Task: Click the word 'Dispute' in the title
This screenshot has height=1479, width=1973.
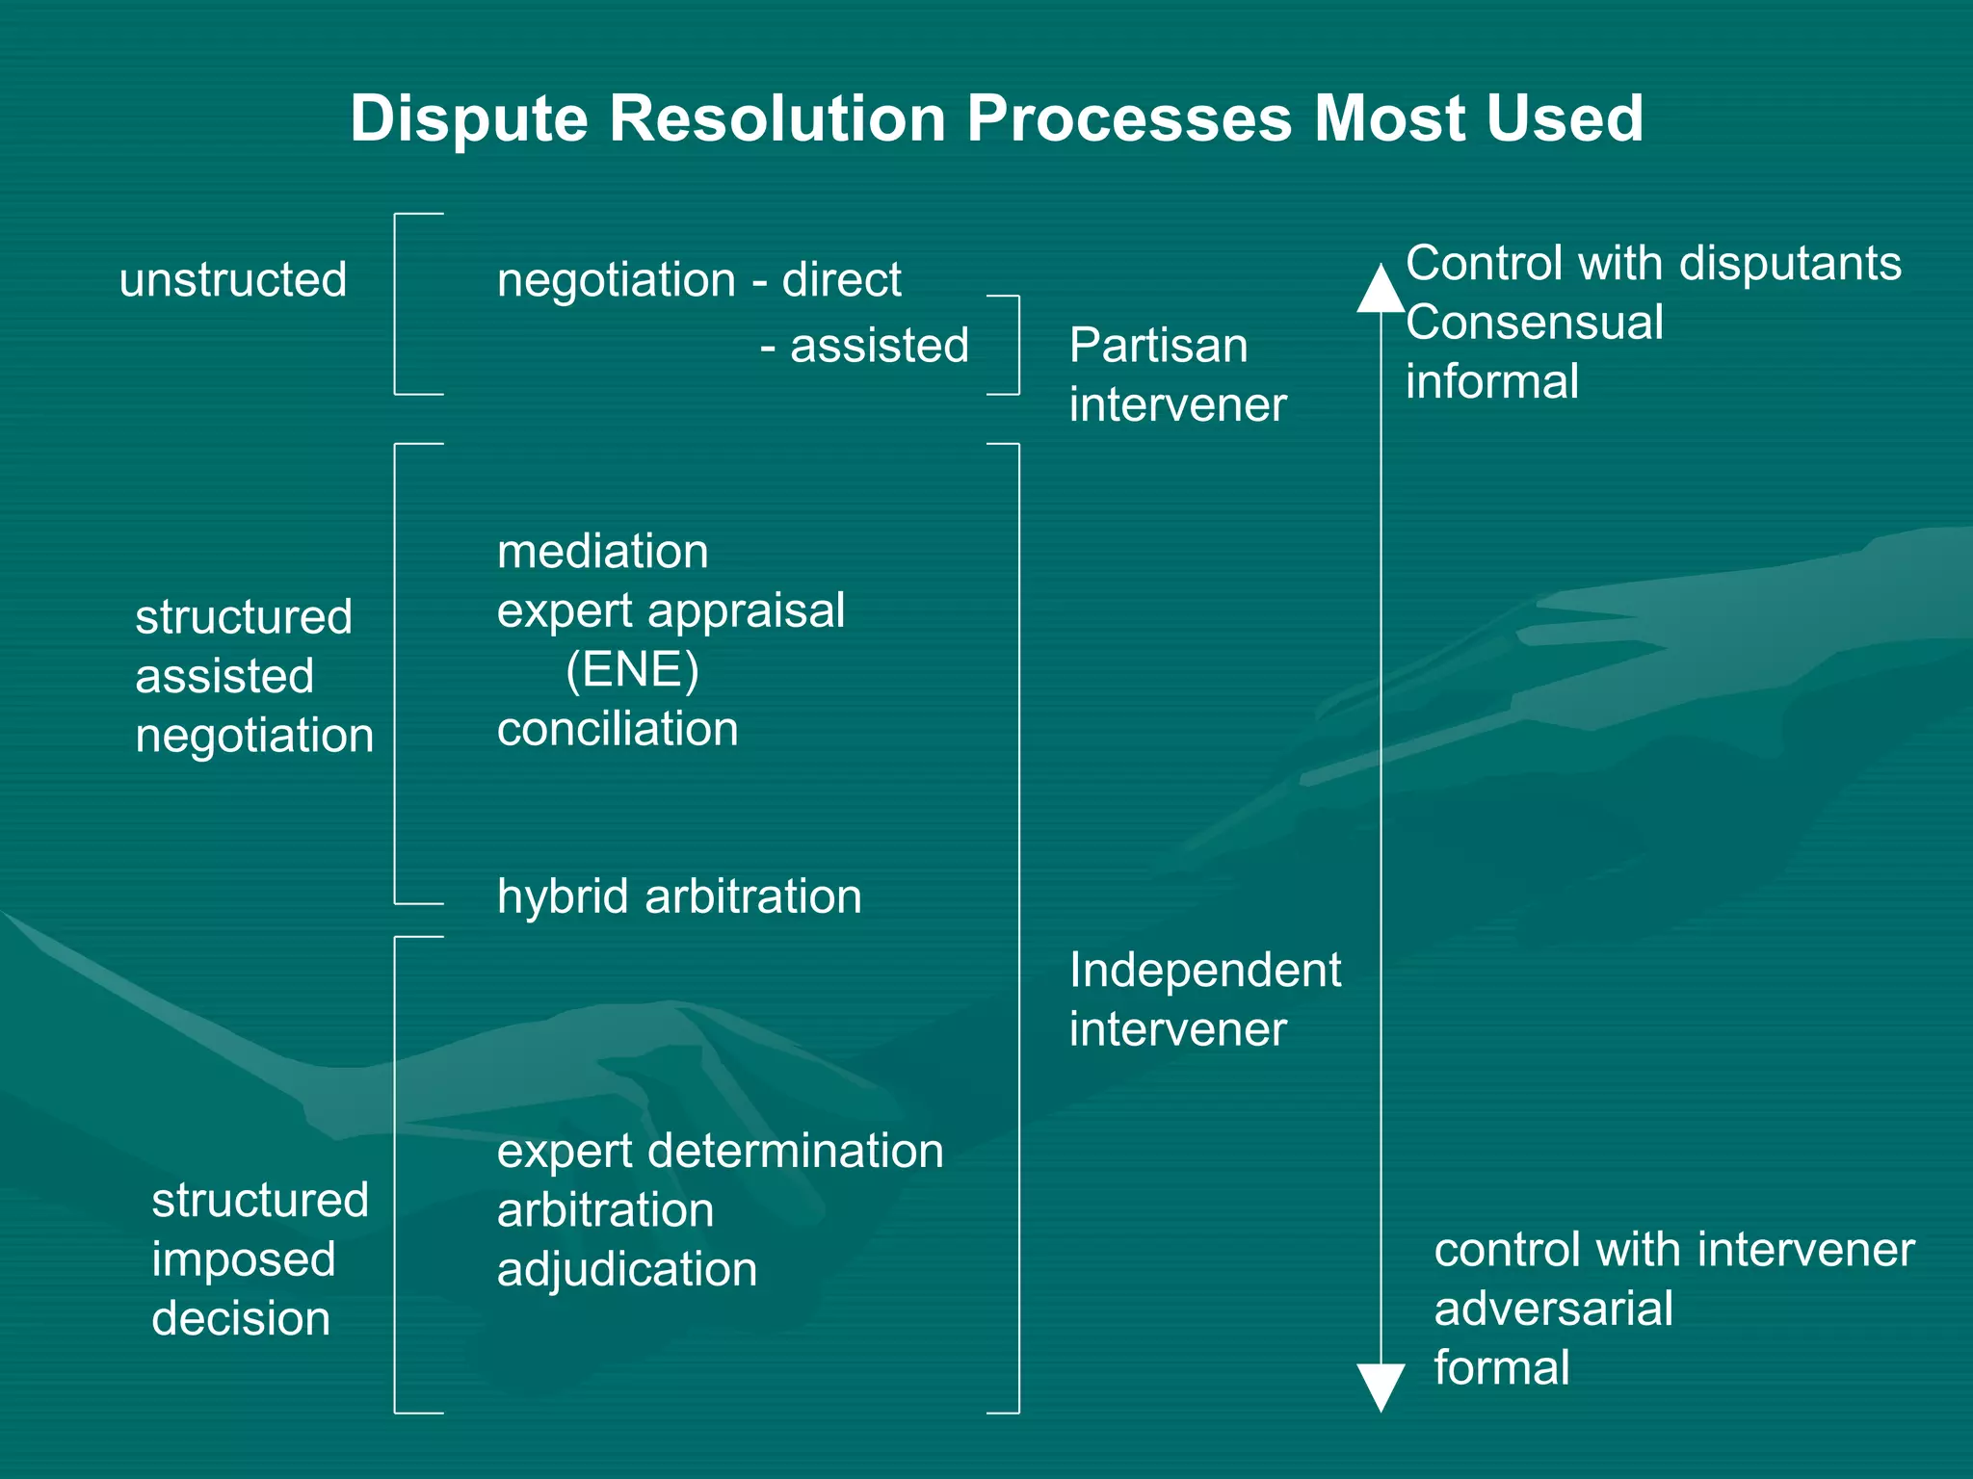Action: (468, 119)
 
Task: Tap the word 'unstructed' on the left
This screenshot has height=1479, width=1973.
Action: (232, 280)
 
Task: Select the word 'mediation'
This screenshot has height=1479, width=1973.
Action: (602, 552)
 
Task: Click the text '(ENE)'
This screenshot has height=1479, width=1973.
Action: (632, 669)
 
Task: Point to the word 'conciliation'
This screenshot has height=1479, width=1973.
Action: (618, 729)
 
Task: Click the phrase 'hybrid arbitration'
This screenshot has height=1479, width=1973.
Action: (679, 896)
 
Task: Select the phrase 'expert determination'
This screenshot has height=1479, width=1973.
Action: (720, 1151)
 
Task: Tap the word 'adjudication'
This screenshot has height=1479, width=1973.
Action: (627, 1269)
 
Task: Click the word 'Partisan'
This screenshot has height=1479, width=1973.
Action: (1158, 346)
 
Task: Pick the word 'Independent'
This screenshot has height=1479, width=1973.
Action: (1204, 970)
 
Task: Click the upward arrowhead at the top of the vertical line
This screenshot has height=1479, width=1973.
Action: (1381, 288)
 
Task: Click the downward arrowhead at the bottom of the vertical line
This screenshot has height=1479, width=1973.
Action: (1381, 1387)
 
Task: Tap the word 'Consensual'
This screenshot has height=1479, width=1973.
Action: (1534, 323)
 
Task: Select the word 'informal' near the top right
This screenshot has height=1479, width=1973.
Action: (1491, 381)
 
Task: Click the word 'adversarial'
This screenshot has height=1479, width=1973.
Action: (1553, 1309)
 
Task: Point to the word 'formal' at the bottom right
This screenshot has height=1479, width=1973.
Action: (1501, 1367)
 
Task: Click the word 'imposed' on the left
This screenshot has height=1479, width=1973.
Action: (244, 1259)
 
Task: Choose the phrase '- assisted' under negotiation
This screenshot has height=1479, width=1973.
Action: (864, 346)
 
